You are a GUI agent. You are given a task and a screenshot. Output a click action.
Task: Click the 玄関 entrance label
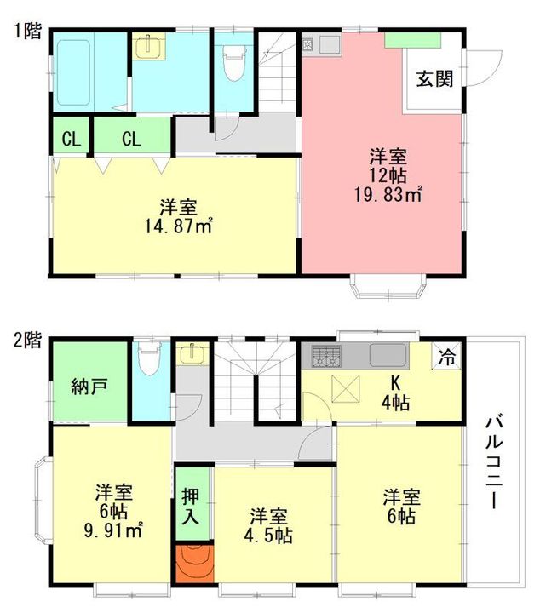[434, 79]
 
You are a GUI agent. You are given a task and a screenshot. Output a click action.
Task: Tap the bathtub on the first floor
[74, 72]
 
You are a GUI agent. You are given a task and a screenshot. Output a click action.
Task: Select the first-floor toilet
[234, 62]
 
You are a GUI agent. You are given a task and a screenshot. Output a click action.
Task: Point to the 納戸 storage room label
[89, 387]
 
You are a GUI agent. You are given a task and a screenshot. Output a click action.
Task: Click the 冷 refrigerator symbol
[446, 356]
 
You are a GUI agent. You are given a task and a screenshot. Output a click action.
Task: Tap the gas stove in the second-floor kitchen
[325, 356]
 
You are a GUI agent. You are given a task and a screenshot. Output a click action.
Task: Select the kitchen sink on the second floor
[387, 355]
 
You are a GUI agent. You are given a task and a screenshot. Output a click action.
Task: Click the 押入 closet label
[191, 506]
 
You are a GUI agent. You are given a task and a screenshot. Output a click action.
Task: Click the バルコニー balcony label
[494, 463]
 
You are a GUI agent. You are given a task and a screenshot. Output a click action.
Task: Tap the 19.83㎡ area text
[388, 194]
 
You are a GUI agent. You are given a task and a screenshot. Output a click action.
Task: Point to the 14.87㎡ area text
[178, 226]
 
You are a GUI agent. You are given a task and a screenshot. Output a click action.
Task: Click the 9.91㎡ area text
[113, 530]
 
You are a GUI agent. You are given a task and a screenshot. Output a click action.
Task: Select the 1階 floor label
[28, 31]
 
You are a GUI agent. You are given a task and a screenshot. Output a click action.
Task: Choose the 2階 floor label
[27, 340]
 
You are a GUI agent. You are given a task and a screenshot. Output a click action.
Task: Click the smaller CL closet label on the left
[72, 139]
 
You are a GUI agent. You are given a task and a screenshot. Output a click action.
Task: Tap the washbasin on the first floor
[149, 46]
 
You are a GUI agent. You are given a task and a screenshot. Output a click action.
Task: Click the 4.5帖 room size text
[267, 536]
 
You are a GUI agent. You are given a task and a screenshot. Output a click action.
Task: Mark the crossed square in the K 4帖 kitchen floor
[345, 388]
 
